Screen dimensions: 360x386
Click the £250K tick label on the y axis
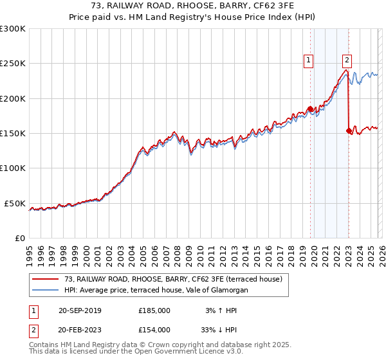click(13, 64)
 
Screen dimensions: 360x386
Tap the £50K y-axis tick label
click(15, 203)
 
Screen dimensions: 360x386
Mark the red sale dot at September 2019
click(310, 109)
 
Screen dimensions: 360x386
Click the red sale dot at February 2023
click(349, 131)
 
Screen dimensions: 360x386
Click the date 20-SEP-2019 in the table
click(80, 310)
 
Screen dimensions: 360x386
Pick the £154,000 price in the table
click(154, 329)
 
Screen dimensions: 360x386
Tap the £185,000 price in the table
click(154, 310)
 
